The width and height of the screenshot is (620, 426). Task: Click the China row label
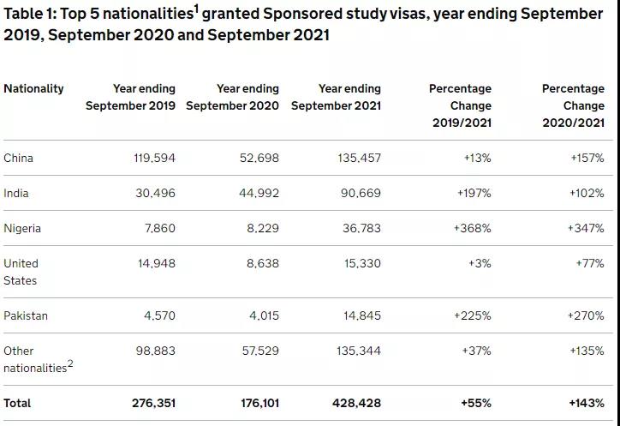(x=19, y=158)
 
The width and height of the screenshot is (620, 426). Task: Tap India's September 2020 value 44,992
(x=259, y=193)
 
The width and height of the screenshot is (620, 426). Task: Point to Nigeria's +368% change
(x=474, y=228)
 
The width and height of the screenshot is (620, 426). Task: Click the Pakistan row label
(x=26, y=315)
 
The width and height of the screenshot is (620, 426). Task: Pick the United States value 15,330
(x=361, y=263)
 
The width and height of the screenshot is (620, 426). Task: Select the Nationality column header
(x=33, y=88)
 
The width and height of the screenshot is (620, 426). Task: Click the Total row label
(x=19, y=402)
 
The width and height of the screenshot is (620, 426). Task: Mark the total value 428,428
(x=360, y=402)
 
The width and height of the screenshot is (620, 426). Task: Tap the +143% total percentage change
(x=586, y=402)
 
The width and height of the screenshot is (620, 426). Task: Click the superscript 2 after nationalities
(x=70, y=363)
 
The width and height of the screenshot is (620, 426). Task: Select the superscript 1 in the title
(x=196, y=9)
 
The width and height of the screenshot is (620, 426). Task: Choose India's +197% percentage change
(x=474, y=193)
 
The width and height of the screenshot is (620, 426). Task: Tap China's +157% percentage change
(x=587, y=158)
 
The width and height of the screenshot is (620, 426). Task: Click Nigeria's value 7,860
(x=159, y=228)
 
